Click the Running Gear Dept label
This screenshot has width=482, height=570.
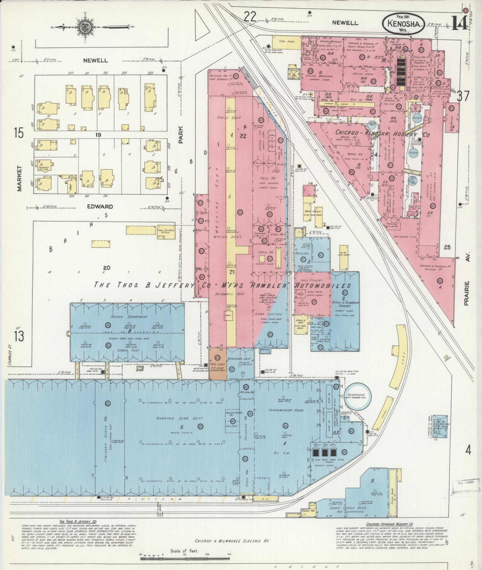[179, 418]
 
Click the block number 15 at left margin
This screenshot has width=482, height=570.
[18, 133]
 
